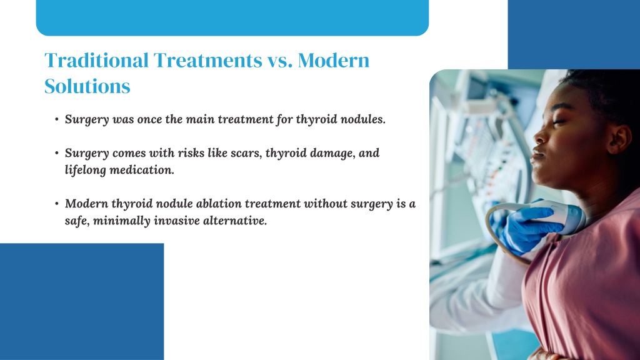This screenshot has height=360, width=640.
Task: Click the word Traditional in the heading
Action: [96, 60]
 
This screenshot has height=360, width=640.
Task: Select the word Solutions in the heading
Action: [87, 86]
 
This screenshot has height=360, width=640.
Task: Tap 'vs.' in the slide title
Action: [279, 61]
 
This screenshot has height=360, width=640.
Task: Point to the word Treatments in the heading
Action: [207, 61]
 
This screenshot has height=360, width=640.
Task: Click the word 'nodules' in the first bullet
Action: [363, 119]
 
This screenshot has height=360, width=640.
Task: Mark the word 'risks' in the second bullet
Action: [191, 153]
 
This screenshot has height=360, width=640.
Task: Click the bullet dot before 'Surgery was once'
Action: [57, 119]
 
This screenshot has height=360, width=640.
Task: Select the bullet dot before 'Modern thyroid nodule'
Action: [57, 203]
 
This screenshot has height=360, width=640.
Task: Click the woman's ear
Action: [619, 139]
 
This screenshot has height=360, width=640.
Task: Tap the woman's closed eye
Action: [559, 121]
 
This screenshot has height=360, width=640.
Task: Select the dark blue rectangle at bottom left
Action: [82, 302]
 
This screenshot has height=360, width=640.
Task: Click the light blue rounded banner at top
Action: [232, 17]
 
